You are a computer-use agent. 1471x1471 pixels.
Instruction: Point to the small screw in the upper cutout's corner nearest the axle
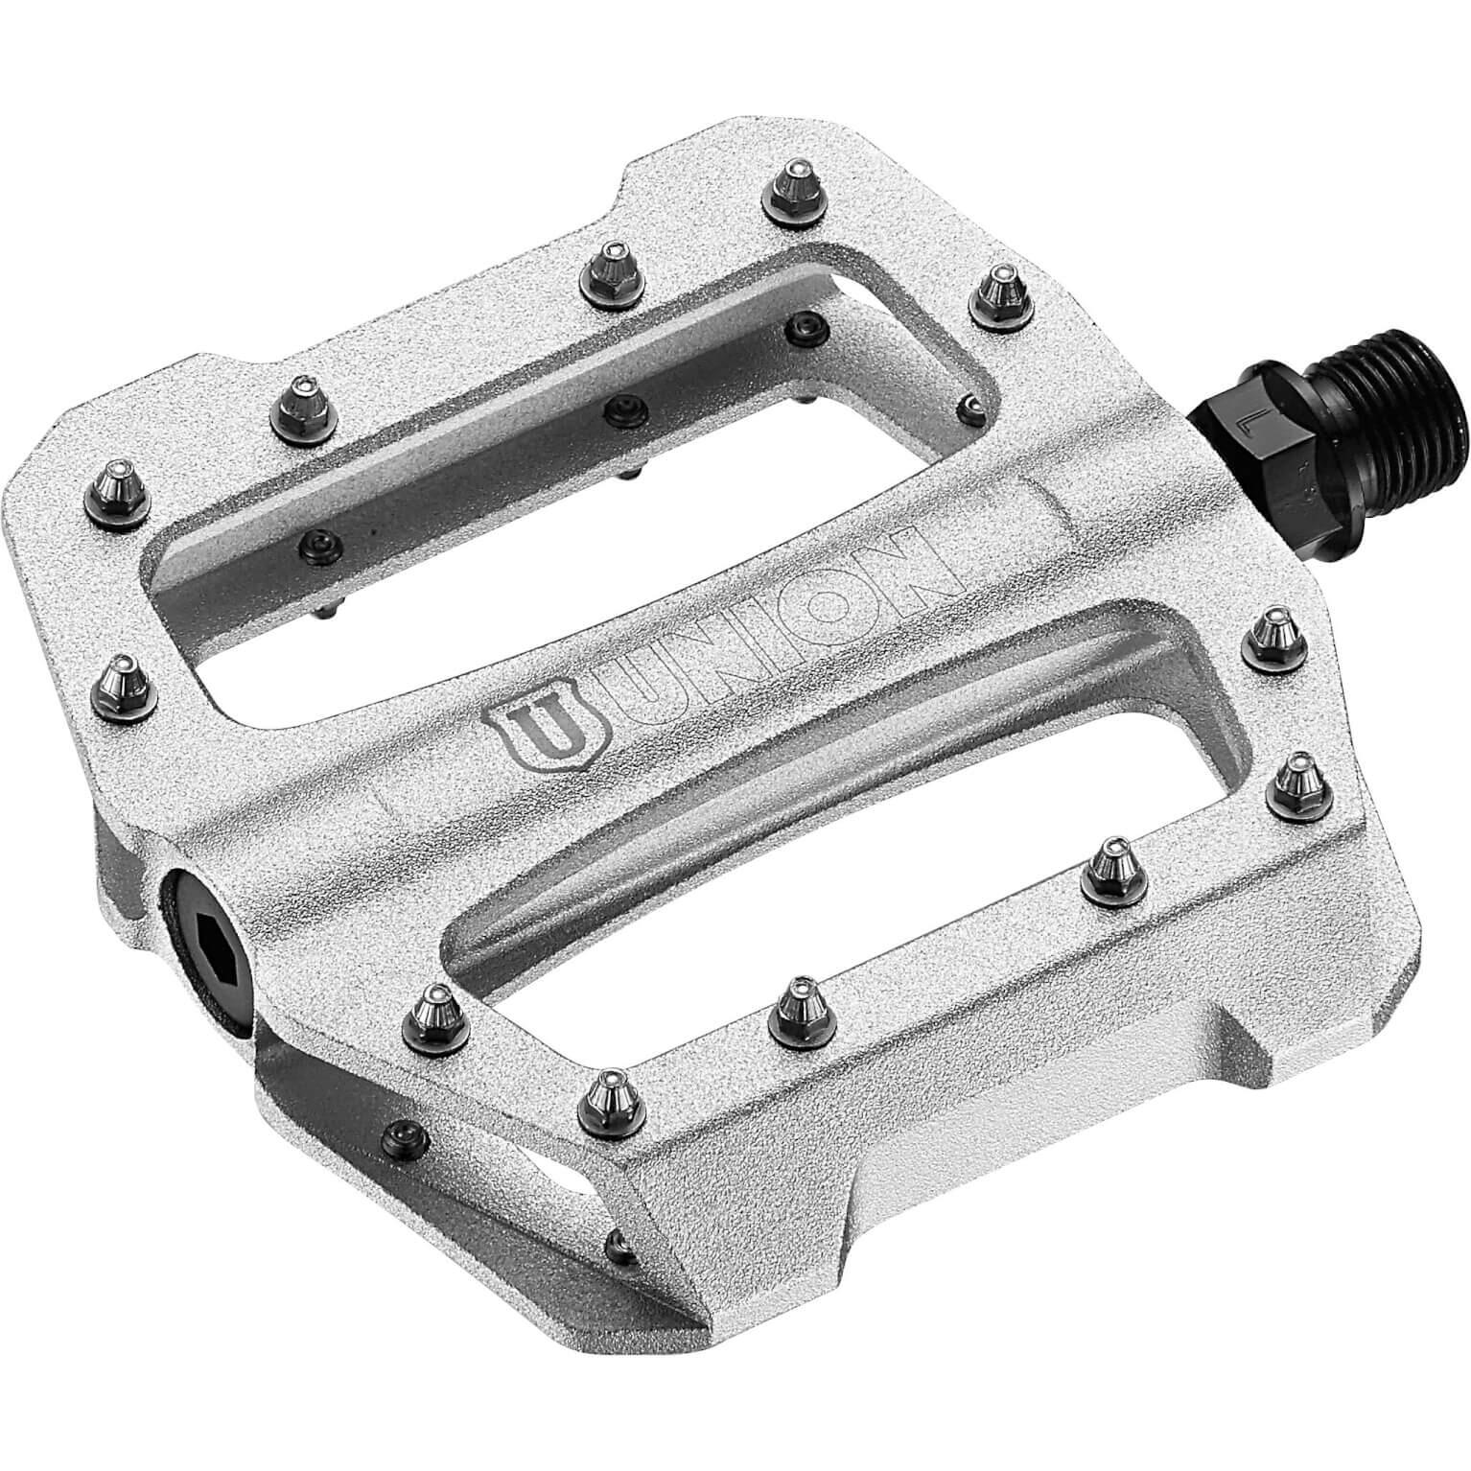pyautogui.click(x=973, y=405)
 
